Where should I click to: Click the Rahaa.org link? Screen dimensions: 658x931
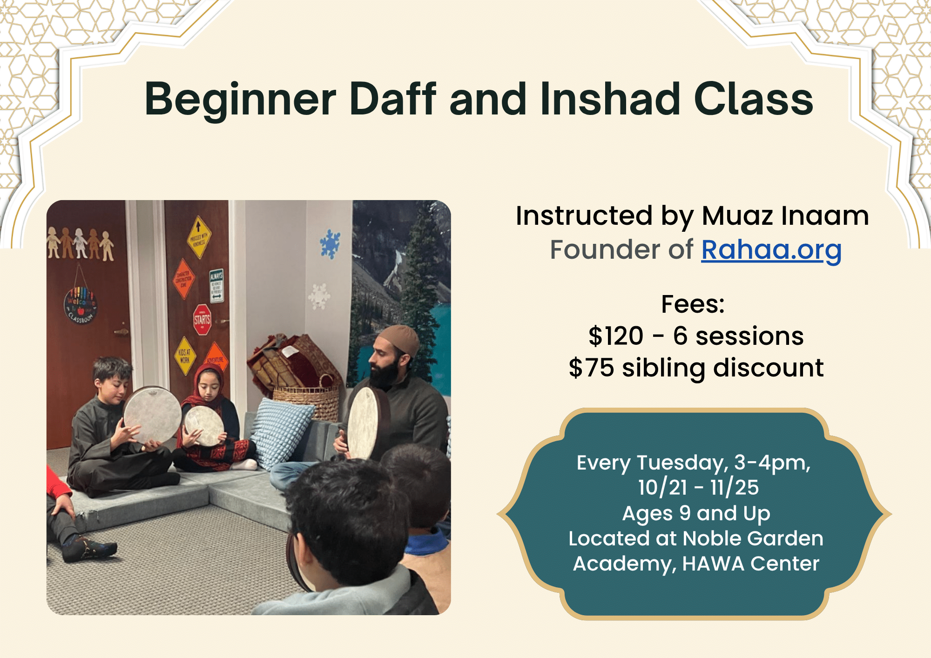[x=771, y=250]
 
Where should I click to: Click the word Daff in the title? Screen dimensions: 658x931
[x=393, y=99]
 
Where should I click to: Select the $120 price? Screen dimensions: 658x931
[x=616, y=336]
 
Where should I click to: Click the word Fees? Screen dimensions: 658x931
[x=693, y=305]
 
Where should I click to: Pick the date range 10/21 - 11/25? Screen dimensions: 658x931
[x=698, y=488]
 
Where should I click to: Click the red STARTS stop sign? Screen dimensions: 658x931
[x=202, y=320]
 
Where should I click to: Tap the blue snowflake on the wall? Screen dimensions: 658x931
[x=330, y=244]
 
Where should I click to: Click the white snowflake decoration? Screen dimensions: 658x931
[x=319, y=295]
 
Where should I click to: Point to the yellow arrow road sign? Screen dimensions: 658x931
[x=198, y=236]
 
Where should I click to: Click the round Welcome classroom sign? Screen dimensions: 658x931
[x=81, y=305]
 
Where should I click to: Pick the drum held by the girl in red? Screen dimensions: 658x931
[x=203, y=425]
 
